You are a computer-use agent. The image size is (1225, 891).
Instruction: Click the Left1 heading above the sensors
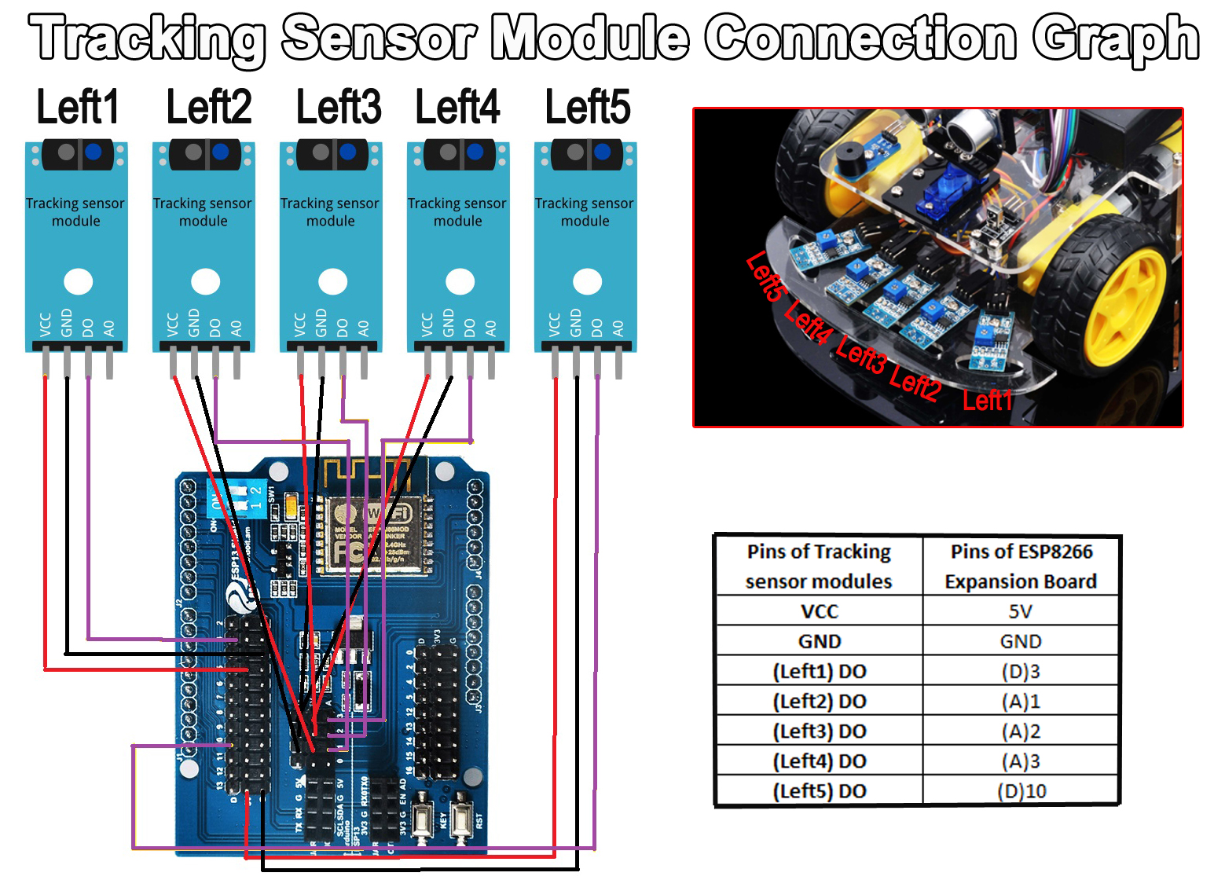(78, 108)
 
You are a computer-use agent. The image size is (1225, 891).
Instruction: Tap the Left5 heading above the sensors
(588, 108)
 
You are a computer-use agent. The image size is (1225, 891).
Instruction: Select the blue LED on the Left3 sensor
(348, 152)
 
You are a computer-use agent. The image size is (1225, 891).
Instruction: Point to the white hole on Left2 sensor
(206, 280)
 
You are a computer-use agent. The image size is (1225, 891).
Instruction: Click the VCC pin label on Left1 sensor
(46, 324)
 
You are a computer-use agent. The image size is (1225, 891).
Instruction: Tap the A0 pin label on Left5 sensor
(618, 327)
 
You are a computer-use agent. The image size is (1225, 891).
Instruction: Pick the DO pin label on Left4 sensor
(470, 327)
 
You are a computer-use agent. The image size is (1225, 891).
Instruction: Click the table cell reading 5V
(1020, 611)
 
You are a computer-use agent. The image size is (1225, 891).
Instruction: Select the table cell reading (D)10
(1020, 790)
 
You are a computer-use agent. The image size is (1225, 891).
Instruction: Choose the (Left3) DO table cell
(819, 731)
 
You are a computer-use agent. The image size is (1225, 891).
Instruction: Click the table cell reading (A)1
(1020, 701)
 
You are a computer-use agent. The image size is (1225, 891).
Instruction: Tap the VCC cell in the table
(819, 611)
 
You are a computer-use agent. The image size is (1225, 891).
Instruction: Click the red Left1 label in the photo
(987, 401)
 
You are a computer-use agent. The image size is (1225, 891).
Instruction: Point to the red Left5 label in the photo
(765, 276)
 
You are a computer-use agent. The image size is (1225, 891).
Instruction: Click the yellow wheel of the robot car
(1124, 306)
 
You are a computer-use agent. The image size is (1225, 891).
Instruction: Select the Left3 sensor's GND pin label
(321, 322)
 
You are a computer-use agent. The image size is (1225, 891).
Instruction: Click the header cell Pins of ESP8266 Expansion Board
(1020, 566)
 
